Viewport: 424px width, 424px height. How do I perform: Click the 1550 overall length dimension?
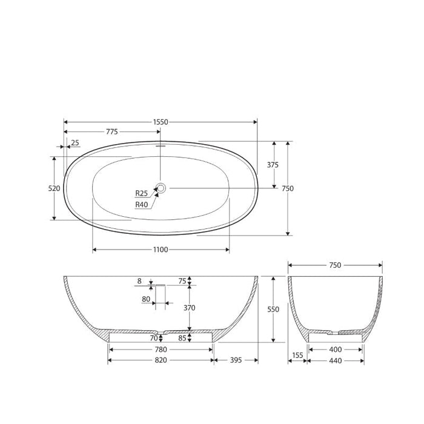coord(161,122)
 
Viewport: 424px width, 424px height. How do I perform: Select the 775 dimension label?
coord(111,131)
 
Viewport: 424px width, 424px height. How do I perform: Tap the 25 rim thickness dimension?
coord(75,142)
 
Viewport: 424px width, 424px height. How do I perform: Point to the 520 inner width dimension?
coord(54,188)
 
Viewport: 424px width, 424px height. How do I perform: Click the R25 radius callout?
coord(141,193)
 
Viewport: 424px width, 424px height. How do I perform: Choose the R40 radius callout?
coord(141,205)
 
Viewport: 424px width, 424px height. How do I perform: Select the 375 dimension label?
coord(273,165)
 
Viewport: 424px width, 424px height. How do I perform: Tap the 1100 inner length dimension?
coord(161,250)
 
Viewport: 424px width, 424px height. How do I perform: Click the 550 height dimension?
coord(273,309)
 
